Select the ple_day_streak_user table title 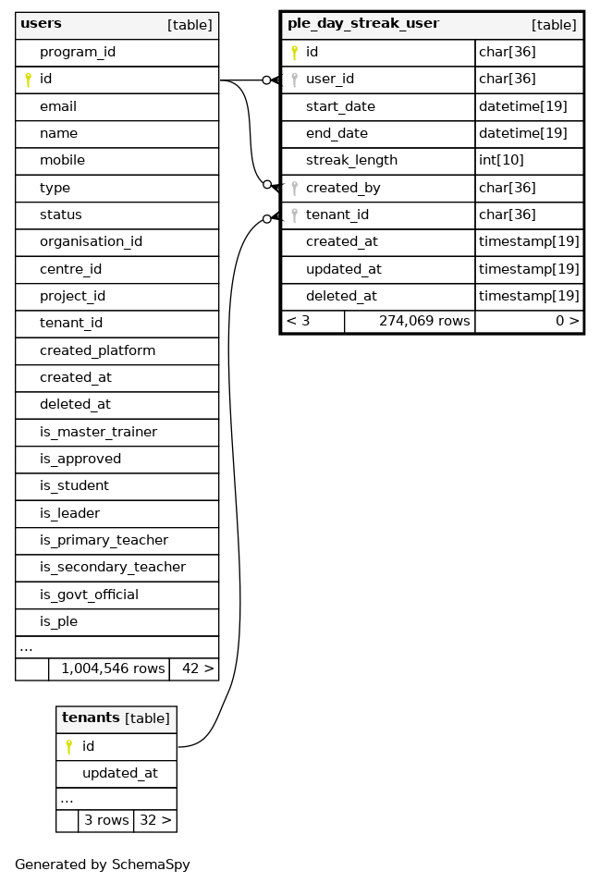(363, 24)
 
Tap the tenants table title (91, 717)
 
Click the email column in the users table (58, 106)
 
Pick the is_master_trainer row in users (98, 432)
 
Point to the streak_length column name (351, 160)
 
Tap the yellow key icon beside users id (28, 80)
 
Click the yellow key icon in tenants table (68, 746)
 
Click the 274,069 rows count (424, 322)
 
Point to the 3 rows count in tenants (106, 820)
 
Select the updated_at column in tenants (119, 773)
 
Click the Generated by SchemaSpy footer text (103, 865)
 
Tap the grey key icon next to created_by (294, 188)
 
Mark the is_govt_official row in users (89, 595)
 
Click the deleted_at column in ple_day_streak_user (341, 296)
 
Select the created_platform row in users (97, 350)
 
